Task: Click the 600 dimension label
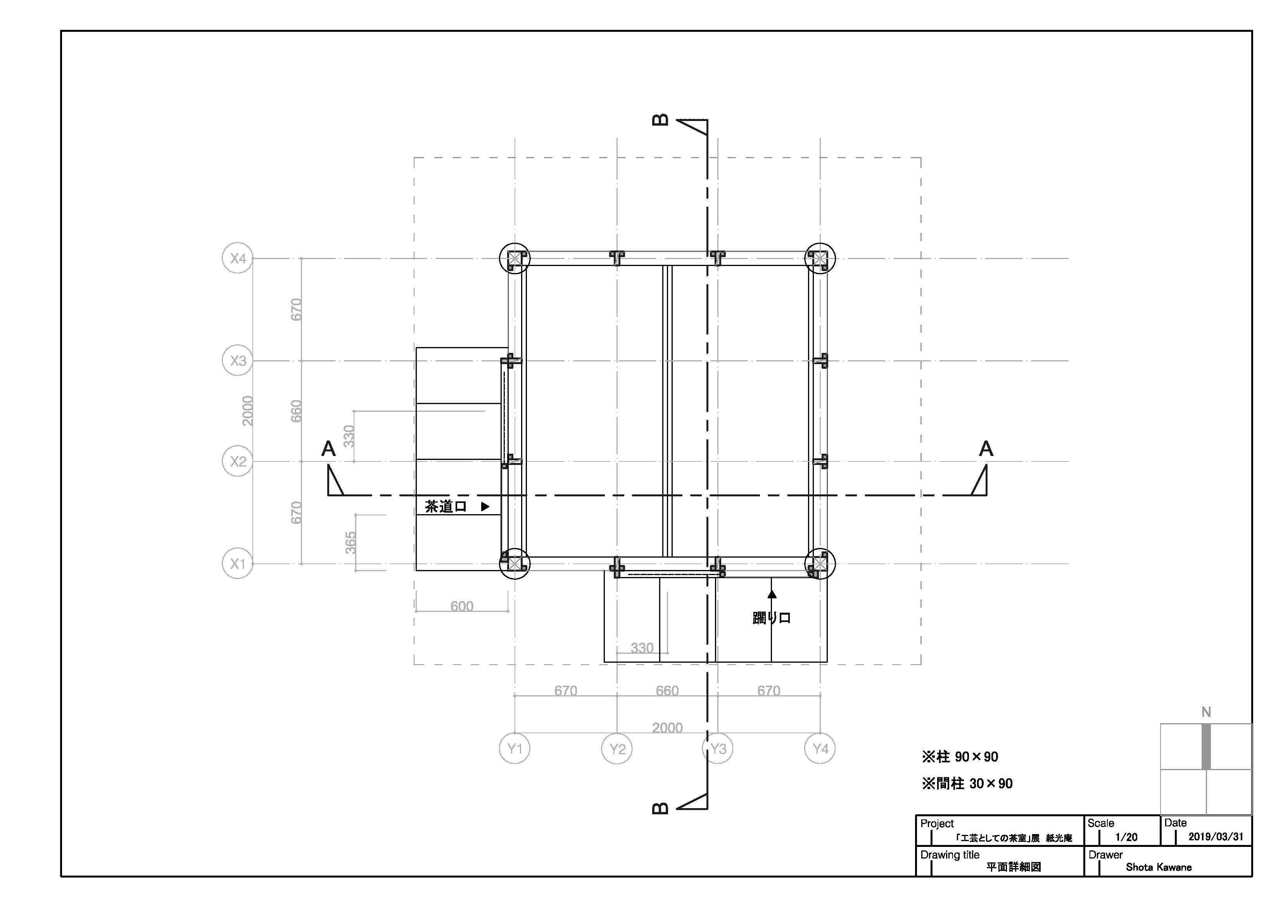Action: tap(461, 606)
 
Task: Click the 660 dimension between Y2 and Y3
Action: tap(667, 691)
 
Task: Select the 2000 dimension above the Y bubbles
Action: tap(667, 727)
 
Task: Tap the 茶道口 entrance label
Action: tap(446, 507)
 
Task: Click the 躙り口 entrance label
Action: tap(771, 618)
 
